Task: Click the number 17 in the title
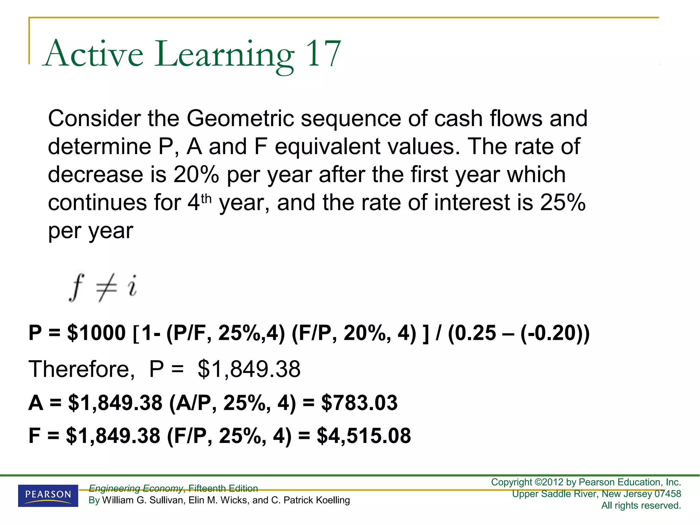(323, 54)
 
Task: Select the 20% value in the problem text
(196, 175)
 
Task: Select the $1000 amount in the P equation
(96, 333)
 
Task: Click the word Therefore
(81, 369)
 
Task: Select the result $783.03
(359, 403)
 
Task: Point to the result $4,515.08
(364, 436)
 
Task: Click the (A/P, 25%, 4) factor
(232, 403)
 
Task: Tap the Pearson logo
(48, 495)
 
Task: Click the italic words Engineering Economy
(136, 488)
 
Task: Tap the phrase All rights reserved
(641, 506)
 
